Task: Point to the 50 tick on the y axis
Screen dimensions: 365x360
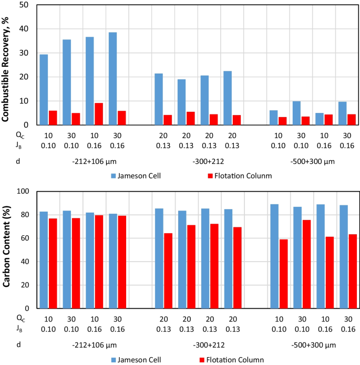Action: click(x=25, y=5)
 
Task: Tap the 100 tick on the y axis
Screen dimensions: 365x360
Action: click(x=23, y=192)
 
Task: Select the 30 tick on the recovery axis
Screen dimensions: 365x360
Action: click(x=25, y=53)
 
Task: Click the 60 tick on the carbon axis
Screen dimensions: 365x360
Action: click(x=25, y=238)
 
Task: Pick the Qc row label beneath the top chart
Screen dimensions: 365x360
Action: click(x=19, y=134)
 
